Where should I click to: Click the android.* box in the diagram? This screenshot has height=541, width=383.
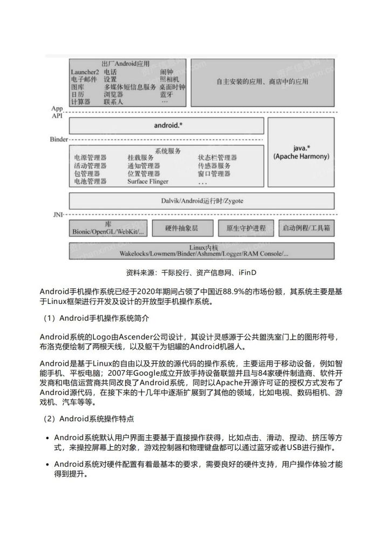(167, 125)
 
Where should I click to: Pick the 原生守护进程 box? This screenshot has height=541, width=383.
(245, 228)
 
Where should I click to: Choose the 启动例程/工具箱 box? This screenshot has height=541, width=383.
(306, 228)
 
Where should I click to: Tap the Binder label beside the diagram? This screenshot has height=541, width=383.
(58, 139)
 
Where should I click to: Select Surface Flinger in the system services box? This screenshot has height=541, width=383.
(148, 182)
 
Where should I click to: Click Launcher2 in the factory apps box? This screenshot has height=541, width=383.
(85, 72)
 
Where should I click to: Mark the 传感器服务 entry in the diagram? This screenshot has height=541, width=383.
(214, 166)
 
